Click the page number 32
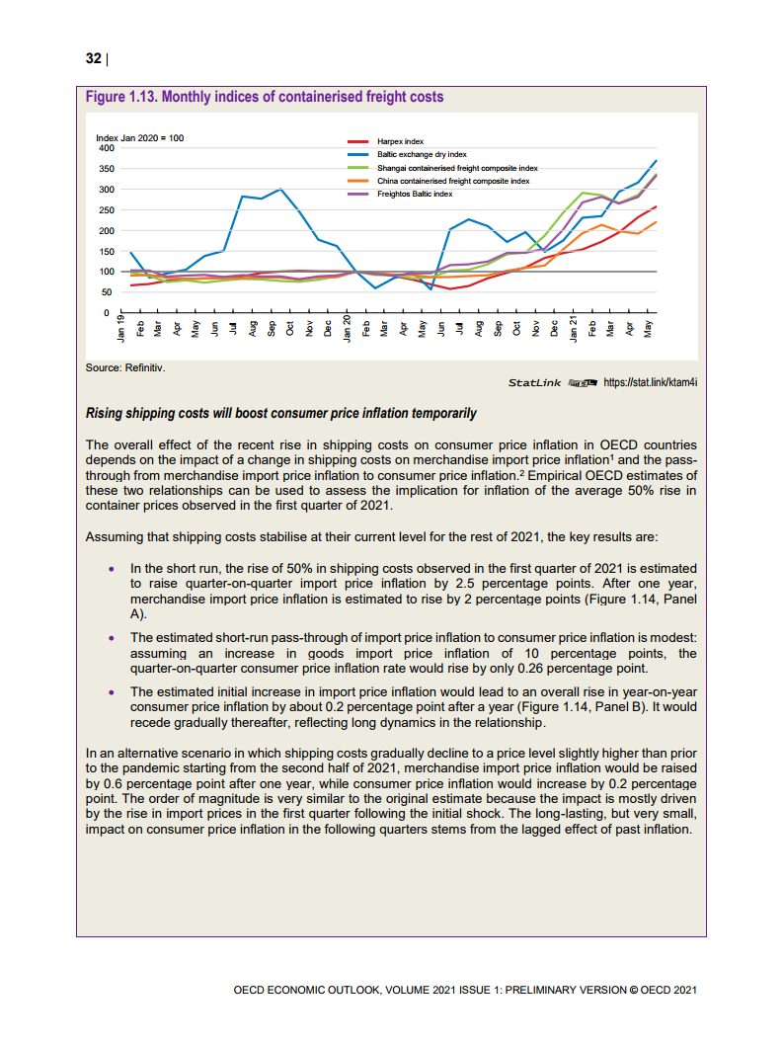point(94,58)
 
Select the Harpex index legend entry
point(400,142)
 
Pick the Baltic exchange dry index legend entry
point(422,155)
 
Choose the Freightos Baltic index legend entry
point(415,195)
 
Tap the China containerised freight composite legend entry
point(453,182)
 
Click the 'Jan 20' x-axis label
point(348,328)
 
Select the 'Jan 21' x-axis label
point(574,328)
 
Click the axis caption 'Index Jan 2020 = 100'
point(139,137)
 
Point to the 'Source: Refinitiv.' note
point(125,367)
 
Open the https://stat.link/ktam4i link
point(651,382)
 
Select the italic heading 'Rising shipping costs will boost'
point(281,413)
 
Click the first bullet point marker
point(112,569)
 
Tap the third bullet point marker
point(112,692)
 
